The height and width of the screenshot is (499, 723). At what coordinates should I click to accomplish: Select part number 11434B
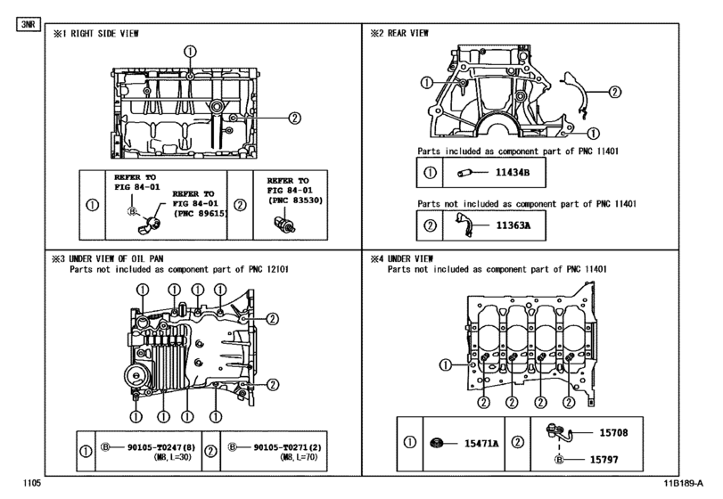pos(512,172)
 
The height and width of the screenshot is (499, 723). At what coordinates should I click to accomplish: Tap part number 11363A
pos(513,225)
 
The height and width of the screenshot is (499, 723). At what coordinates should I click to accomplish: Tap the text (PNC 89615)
pos(199,214)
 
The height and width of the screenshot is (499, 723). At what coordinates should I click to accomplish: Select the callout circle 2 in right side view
pos(293,117)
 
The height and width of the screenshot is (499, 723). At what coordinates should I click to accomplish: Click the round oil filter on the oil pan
pos(136,372)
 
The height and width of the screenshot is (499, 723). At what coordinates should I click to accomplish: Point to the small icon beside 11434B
pos(464,172)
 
